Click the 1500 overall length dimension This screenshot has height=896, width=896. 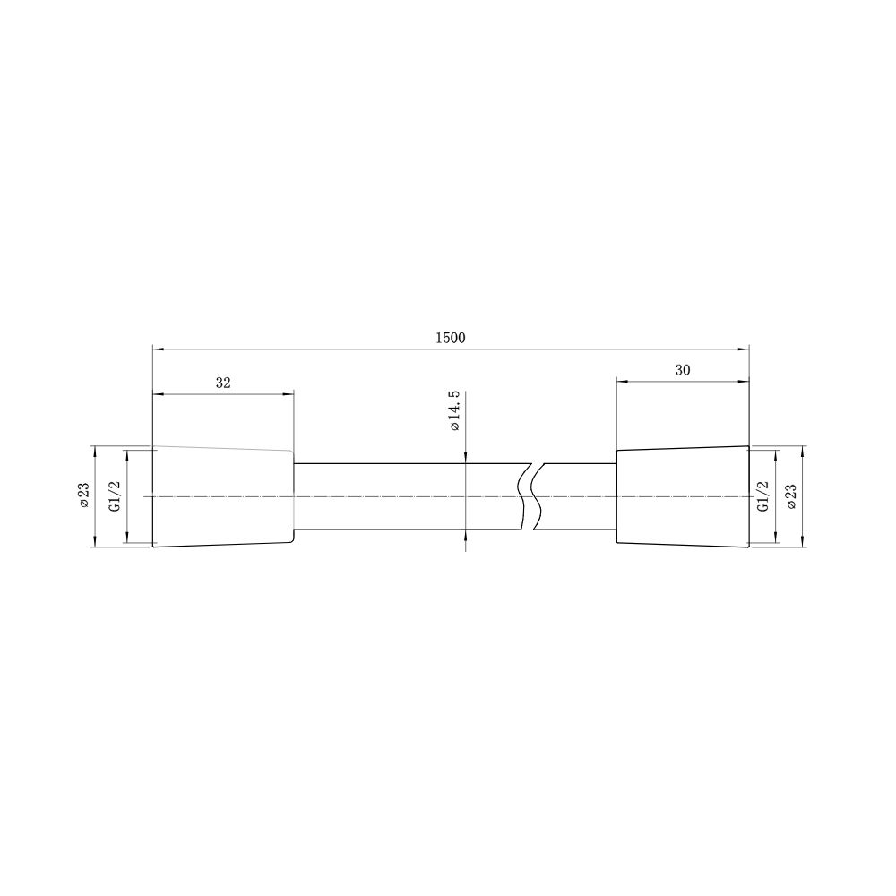tap(451, 338)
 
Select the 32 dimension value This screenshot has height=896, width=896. tap(223, 383)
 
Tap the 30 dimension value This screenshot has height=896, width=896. tap(683, 370)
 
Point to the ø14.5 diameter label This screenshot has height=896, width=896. tap(455, 411)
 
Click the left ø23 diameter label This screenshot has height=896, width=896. tap(84, 495)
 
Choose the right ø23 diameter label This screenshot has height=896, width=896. tap(791, 496)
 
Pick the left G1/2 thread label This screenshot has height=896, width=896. tap(115, 496)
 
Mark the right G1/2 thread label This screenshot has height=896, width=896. tap(762, 496)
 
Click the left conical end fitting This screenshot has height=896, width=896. tap(223, 496)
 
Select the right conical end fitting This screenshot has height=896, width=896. tap(683, 496)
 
